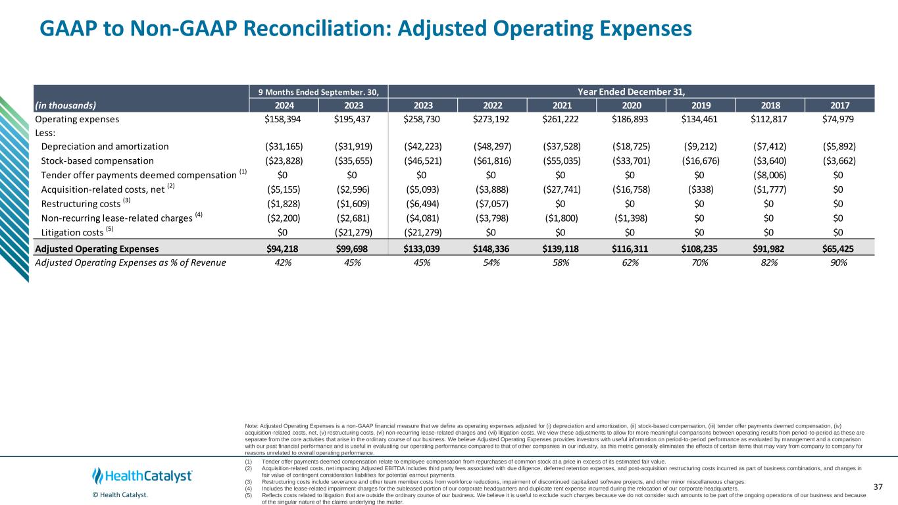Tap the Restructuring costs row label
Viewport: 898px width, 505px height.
click(x=78, y=203)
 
